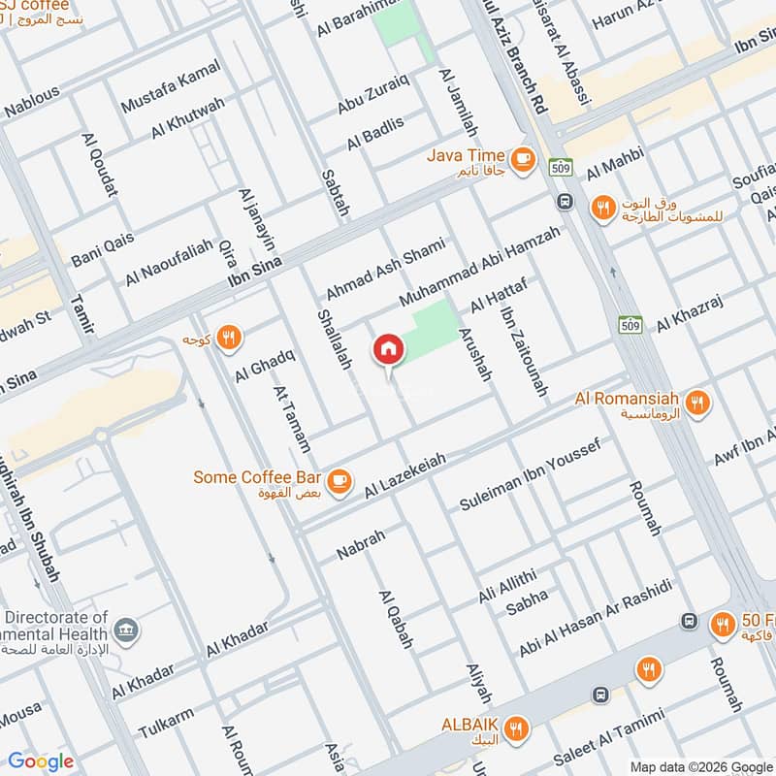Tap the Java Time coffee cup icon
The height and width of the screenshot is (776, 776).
point(522,156)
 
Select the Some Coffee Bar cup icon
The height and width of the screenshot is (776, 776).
point(339,479)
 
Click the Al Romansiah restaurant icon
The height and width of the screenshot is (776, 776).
point(695,402)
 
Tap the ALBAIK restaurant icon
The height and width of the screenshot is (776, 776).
point(518,727)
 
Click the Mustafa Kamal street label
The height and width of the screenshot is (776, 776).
point(171,85)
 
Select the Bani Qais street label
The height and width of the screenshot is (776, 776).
point(100,252)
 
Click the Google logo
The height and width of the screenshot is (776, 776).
point(41,761)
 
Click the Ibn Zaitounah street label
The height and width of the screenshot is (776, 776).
point(524,351)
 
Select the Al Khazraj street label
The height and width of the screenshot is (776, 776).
point(690,312)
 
